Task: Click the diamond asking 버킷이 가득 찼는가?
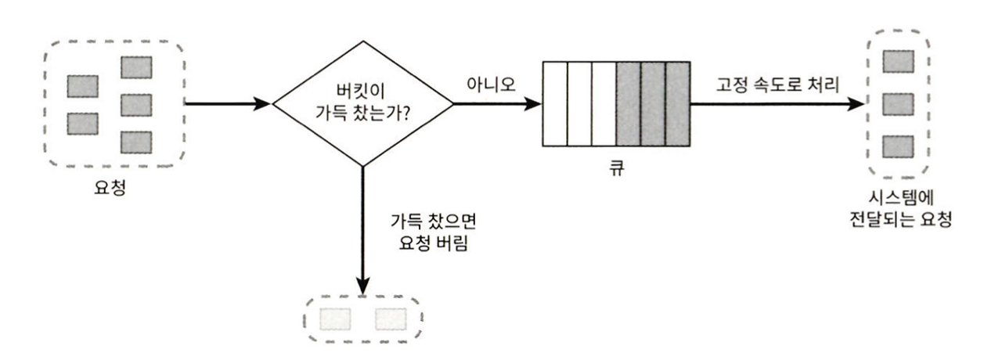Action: coord(362,103)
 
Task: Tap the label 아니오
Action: coord(491,85)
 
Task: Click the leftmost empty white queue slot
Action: coord(554,103)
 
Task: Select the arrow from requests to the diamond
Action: coord(227,103)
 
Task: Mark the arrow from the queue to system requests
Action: coord(775,103)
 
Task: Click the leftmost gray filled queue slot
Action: coord(628,103)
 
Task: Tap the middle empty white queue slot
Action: coord(578,103)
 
